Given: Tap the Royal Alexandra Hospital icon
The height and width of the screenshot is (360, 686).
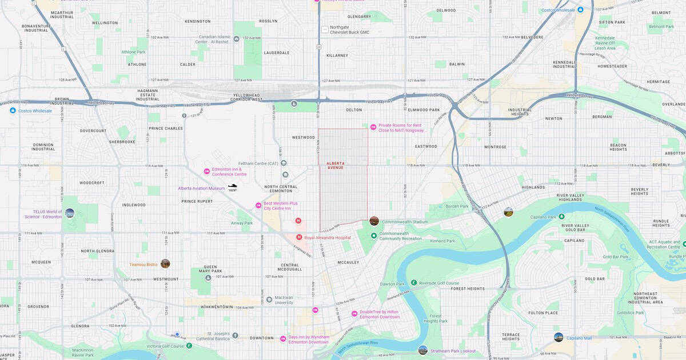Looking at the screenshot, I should pos(299,237).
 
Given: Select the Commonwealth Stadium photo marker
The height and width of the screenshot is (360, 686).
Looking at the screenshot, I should pos(374,221).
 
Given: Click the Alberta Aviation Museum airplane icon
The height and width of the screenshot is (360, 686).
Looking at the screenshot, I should pos(233,187).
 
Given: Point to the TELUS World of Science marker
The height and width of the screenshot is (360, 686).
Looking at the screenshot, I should pos(69,213).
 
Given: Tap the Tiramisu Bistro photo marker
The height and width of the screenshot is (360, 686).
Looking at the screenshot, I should pos(165,263).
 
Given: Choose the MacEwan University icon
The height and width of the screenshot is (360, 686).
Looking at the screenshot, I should pos(269,299).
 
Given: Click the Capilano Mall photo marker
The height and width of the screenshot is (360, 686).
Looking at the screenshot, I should pos(558,337).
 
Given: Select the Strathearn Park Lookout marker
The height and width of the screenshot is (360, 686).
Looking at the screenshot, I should pos(422,350).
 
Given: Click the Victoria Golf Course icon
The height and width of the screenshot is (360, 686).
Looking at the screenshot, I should pos(189,346).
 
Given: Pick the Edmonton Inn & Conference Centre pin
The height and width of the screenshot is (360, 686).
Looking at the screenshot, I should pos(207,171).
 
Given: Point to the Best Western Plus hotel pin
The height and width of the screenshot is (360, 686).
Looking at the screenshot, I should pos(258,206).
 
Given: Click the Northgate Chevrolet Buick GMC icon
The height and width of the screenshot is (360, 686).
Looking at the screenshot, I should pos(325,29).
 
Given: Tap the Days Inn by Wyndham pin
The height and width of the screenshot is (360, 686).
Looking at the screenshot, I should pos(283,339).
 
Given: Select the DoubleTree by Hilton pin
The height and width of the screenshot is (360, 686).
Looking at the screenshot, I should pos(354,314).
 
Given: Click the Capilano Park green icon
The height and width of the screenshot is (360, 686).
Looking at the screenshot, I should pos(561,217).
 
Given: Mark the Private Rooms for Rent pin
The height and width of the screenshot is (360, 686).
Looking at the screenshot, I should pos(373,127).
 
